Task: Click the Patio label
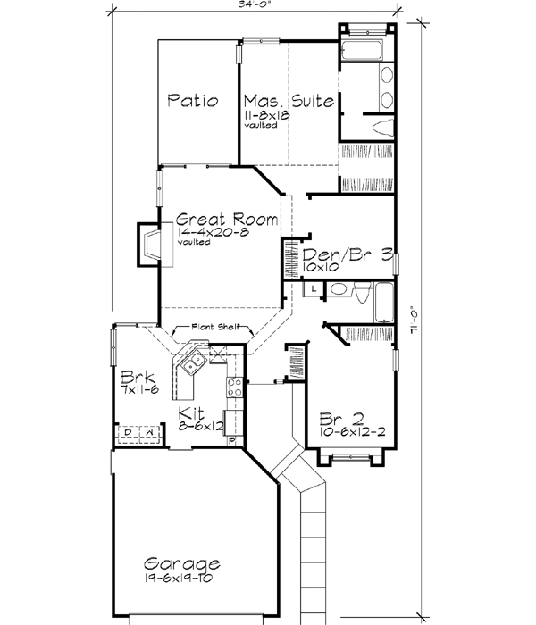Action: pyautogui.click(x=193, y=101)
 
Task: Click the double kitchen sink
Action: pyautogui.click(x=194, y=362)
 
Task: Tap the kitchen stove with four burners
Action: pyautogui.click(x=236, y=387)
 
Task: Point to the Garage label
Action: pyautogui.click(x=182, y=564)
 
